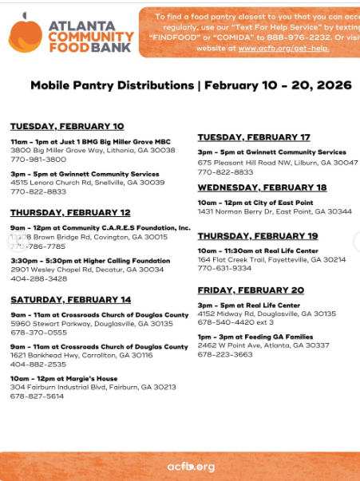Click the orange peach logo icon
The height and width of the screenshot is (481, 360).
[25, 35]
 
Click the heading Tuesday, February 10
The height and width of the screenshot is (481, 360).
[67, 126]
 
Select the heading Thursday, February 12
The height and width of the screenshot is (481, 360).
[70, 212]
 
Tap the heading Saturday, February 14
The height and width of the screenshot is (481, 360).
[70, 299]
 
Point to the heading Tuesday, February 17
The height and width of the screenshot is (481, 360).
[254, 137]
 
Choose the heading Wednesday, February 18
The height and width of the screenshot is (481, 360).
[262, 187]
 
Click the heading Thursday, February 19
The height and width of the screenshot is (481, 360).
[258, 236]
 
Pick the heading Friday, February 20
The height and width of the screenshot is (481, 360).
[251, 290]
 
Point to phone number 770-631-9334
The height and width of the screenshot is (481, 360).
[225, 268]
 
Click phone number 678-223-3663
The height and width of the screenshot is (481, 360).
[225, 354]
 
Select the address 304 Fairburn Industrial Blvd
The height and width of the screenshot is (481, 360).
[93, 387]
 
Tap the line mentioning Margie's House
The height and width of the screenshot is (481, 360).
[64, 378]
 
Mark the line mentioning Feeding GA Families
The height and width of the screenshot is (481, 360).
[255, 337]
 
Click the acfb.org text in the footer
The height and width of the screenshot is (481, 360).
[191, 466]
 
